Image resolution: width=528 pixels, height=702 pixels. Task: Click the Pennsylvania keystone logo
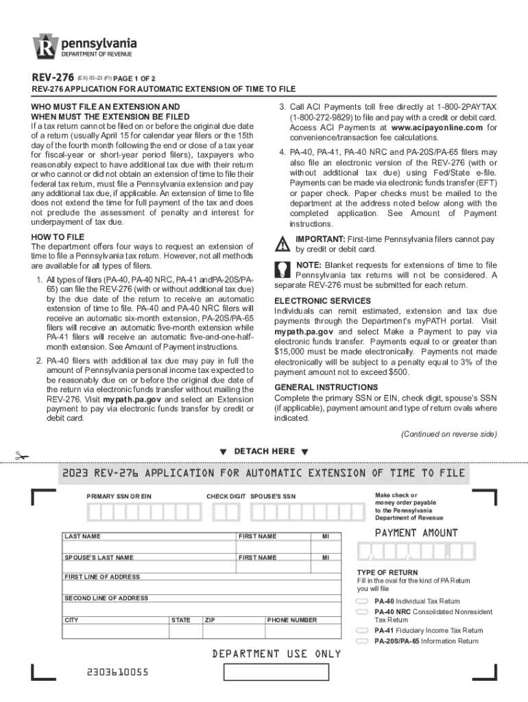pyautogui.click(x=46, y=47)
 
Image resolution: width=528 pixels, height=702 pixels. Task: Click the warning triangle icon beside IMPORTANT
pyautogui.click(x=283, y=244)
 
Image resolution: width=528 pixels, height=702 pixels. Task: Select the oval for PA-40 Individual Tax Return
pyautogui.click(x=362, y=601)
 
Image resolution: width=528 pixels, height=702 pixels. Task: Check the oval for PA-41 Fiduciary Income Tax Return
pyautogui.click(x=362, y=630)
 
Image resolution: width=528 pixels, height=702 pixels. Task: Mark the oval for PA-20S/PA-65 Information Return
pyautogui.click(x=362, y=641)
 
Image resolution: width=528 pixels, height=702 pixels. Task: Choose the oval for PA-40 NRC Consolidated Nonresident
pyautogui.click(x=362, y=612)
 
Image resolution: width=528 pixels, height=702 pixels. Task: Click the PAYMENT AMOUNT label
pyautogui.click(x=416, y=533)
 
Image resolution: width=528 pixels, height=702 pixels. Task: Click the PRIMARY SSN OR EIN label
pyautogui.click(x=119, y=496)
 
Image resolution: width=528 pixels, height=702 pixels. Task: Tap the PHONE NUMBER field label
pyautogui.click(x=291, y=620)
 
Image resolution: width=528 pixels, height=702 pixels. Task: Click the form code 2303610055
pyautogui.click(x=117, y=672)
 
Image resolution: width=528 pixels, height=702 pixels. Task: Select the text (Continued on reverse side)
pyautogui.click(x=449, y=434)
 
